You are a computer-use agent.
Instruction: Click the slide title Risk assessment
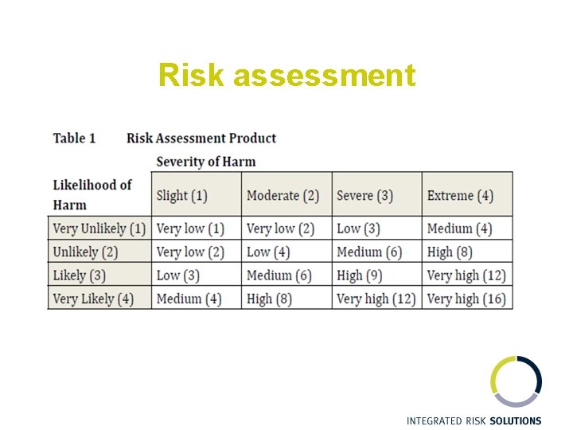pos(286,76)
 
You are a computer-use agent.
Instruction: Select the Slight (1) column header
pos(182,195)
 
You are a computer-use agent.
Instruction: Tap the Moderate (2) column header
pos(283,195)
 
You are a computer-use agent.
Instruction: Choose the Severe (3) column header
pos(364,195)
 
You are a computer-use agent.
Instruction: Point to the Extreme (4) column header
pos(460,195)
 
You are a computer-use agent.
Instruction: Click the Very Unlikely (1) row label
pos(99,229)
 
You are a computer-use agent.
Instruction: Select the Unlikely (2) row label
pos(85,252)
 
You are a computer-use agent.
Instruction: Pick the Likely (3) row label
pos(79,276)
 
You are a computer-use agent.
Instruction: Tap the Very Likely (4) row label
pos(94,299)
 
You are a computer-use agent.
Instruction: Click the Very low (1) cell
pos(190,229)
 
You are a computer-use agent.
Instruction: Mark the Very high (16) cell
pos(466,299)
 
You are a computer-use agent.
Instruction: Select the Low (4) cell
pos(268,252)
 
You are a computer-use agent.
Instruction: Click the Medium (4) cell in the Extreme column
pos(459,229)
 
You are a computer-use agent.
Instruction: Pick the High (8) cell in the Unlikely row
pos(450,252)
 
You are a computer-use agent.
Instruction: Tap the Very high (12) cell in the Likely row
pos(466,276)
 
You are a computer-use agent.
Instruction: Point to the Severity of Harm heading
pos(206,162)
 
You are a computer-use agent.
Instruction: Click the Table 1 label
pos(74,139)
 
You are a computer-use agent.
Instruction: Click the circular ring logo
pos(516,381)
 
